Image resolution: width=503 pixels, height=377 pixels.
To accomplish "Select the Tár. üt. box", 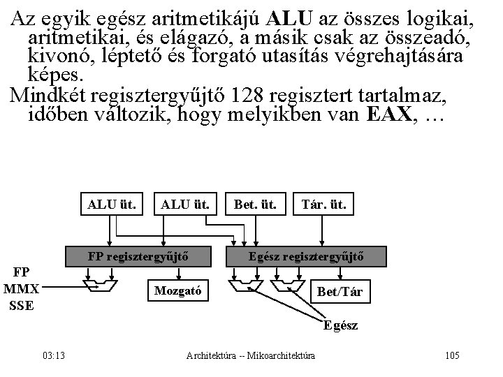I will [323, 205].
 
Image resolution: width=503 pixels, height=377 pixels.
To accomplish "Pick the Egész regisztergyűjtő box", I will [306, 256].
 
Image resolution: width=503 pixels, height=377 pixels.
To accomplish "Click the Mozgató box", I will [176, 289].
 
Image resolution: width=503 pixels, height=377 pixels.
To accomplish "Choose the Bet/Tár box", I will [339, 290].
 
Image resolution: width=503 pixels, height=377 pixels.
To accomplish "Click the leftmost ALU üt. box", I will [111, 205].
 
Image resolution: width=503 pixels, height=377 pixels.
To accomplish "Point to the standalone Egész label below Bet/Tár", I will [340, 325].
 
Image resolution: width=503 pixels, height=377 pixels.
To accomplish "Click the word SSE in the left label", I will [22, 305].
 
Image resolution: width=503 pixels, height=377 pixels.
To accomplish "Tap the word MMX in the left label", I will [22, 288].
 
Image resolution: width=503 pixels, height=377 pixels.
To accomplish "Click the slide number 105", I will [451, 356].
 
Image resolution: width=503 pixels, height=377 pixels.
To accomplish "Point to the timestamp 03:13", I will [54, 356].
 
